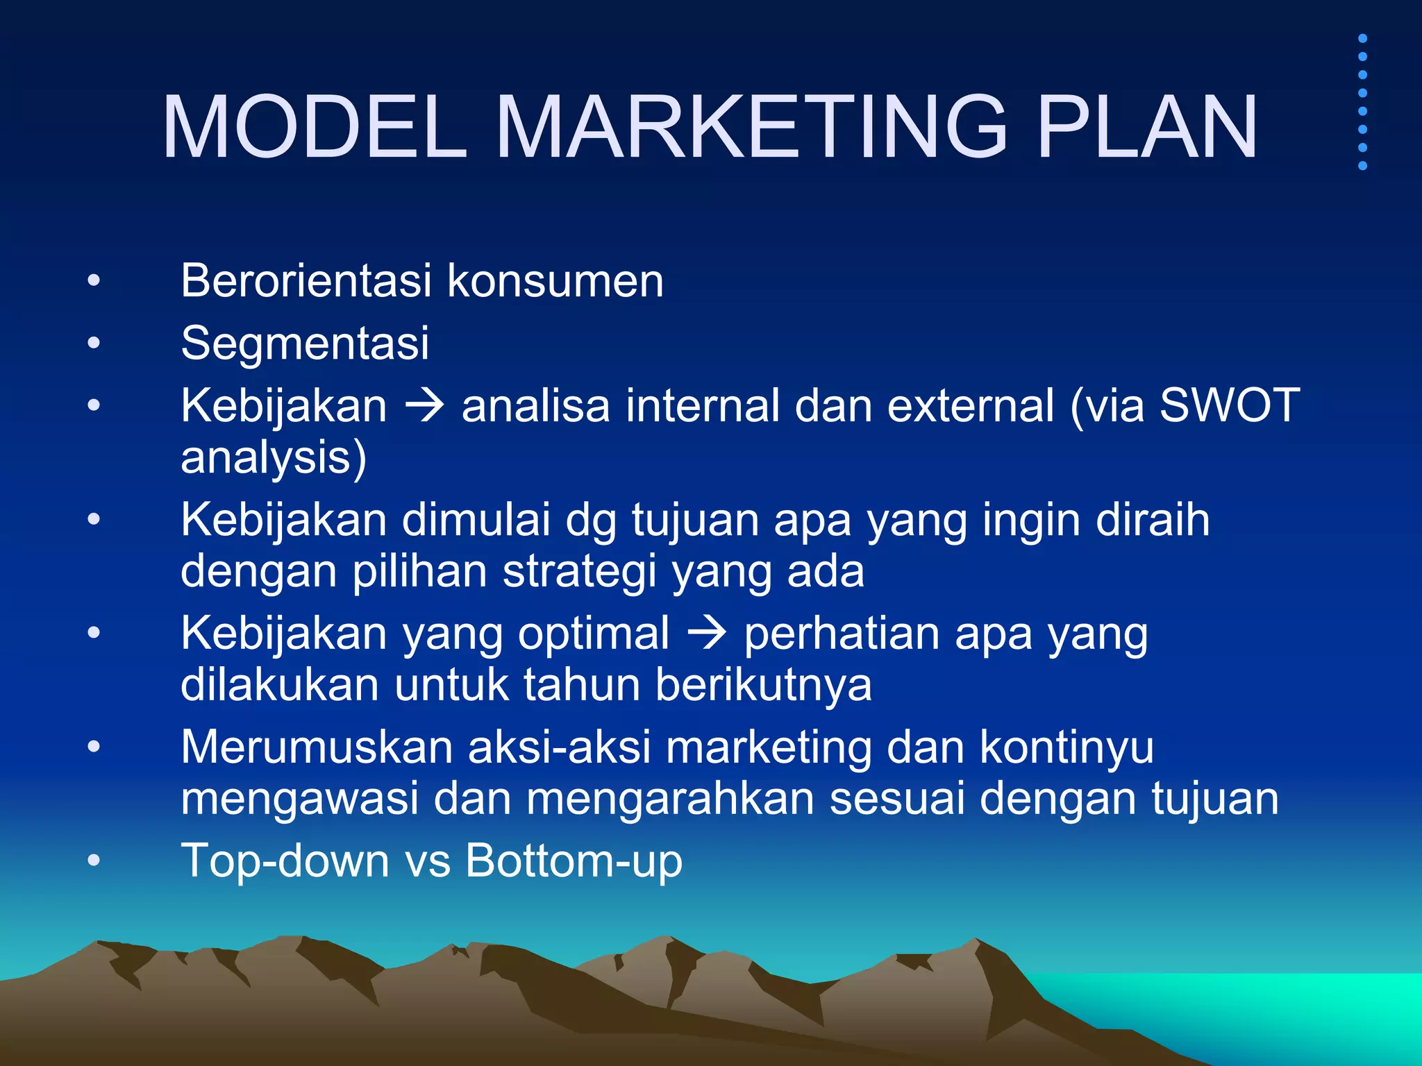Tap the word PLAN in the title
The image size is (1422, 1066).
[1146, 128]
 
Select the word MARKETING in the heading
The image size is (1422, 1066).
[751, 128]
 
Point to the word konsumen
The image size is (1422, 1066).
[555, 282]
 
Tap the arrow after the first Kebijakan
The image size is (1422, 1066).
[424, 405]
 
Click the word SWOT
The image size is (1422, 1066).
[1230, 405]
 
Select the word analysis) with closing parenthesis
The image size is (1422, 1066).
[274, 459]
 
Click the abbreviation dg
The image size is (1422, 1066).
[591, 521]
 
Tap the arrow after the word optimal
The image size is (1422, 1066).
[706, 634]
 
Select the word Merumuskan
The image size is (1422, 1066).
[317, 747]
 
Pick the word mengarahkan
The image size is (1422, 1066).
[670, 799]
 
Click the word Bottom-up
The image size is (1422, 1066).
[574, 861]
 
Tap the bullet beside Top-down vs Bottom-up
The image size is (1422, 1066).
[94, 861]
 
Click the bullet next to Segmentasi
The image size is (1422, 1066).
[94, 343]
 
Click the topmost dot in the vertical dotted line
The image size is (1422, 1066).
[1362, 38]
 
